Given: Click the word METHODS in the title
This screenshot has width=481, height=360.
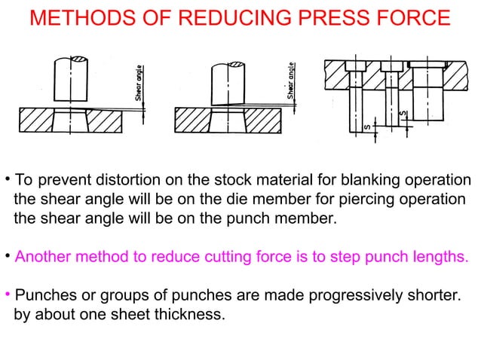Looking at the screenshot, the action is [x=82, y=17].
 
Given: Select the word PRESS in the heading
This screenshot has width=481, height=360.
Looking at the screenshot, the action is [x=335, y=17].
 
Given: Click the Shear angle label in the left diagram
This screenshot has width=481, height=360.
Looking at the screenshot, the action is [x=139, y=83].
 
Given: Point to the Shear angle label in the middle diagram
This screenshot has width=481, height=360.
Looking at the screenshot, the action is [x=290, y=81].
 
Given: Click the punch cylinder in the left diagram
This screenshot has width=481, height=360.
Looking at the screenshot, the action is [x=71, y=79].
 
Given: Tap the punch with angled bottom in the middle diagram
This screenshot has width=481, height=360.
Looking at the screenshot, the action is [x=228, y=84].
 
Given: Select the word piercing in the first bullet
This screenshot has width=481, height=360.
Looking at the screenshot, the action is [x=366, y=200].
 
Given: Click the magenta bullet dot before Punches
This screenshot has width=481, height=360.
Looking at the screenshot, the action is [x=8, y=294].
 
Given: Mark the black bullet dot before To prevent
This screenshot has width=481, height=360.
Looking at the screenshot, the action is [x=8, y=178].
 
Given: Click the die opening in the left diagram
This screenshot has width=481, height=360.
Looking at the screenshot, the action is [x=71, y=121].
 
